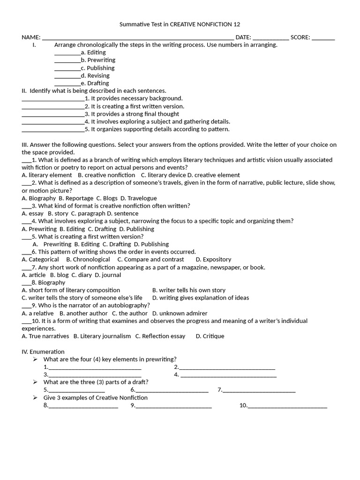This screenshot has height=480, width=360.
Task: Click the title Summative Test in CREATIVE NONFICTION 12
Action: click(180, 24)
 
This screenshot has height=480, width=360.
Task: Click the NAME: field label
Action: click(31, 37)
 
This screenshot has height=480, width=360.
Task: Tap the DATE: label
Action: click(243, 37)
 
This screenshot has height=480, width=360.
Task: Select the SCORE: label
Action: click(300, 37)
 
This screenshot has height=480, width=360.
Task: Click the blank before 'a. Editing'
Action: click(67, 53)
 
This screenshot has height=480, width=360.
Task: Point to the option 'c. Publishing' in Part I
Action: click(97, 68)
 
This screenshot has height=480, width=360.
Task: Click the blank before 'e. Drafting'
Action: click(67, 83)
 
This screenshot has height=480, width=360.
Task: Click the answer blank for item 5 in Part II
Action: click(52, 129)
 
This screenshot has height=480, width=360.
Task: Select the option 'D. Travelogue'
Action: click(138, 198)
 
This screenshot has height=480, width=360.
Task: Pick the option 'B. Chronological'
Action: click(88, 259)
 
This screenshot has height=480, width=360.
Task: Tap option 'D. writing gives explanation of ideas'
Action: click(201, 298)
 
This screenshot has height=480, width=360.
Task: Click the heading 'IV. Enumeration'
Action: click(43, 352)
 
